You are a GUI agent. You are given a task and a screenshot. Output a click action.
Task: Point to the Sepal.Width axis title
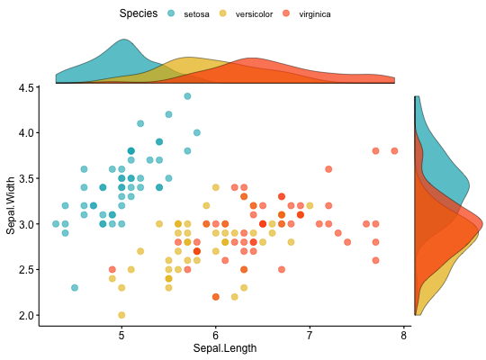(11, 205)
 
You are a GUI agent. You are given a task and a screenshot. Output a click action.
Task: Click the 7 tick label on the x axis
(310, 335)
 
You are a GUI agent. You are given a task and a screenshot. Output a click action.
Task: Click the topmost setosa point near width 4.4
(187, 95)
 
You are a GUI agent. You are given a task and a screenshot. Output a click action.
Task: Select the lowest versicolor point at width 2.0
(121, 315)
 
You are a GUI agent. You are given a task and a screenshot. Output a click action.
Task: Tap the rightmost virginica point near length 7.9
(394, 150)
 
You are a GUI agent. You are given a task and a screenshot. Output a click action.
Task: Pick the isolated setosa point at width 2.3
(75, 288)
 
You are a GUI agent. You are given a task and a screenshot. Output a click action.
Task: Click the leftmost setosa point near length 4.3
(56, 223)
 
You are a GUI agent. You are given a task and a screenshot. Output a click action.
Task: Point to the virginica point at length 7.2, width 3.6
(328, 168)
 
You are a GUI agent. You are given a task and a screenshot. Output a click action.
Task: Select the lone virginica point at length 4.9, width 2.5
(112, 269)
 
